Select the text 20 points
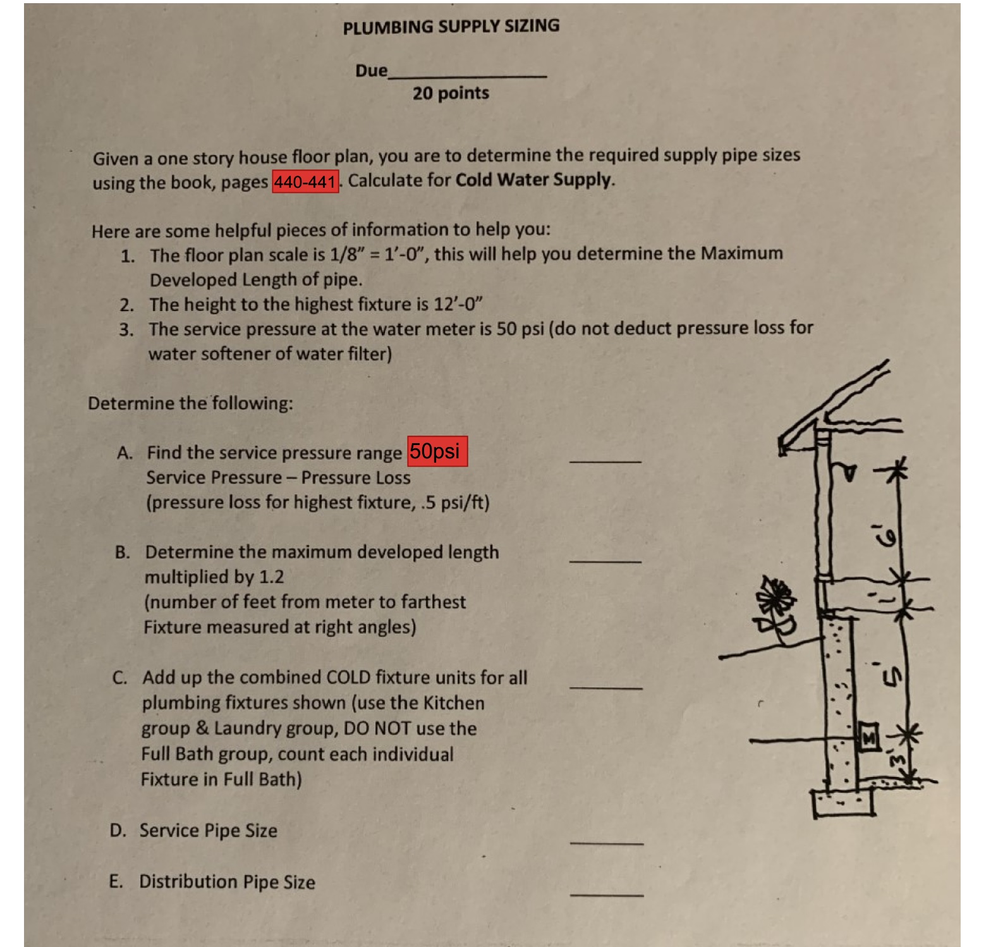[x=451, y=94]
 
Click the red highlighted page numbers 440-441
[x=305, y=182]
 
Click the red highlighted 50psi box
[x=437, y=451]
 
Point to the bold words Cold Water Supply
[x=534, y=180]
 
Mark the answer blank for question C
[x=605, y=685]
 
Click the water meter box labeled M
[x=869, y=737]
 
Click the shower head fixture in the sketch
[x=851, y=471]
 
